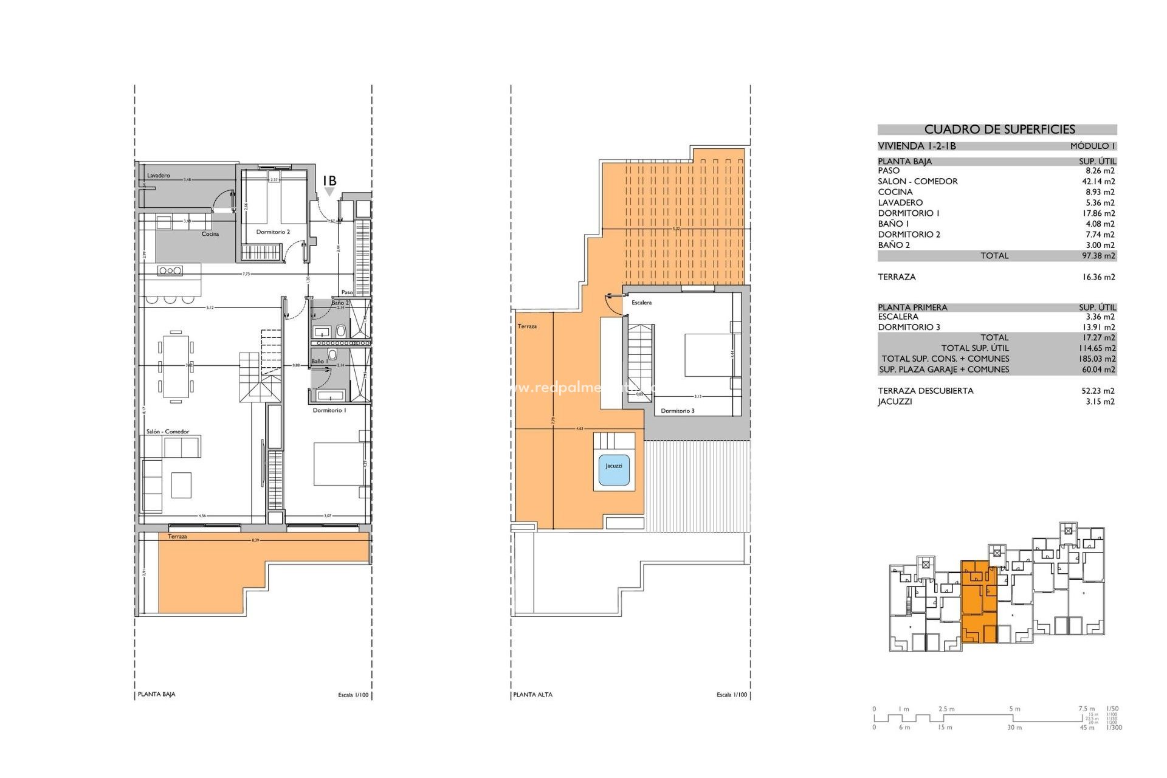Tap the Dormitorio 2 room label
click(x=273, y=232)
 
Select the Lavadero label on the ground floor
click(x=159, y=176)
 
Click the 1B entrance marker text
click(x=329, y=181)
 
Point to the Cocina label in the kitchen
click(x=210, y=234)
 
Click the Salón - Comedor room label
click(x=168, y=432)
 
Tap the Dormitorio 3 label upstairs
click(x=678, y=411)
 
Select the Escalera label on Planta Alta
click(x=641, y=303)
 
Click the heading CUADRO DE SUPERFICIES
click(x=999, y=129)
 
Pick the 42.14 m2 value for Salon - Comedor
click(x=1098, y=181)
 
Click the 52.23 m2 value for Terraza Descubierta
click(x=1098, y=391)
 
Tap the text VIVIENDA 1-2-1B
click(x=917, y=146)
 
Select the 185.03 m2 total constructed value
click(x=1098, y=359)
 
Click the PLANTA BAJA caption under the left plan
click(x=157, y=694)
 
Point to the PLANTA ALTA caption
click(x=532, y=695)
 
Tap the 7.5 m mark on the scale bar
click(x=1086, y=709)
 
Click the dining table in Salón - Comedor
click(x=176, y=367)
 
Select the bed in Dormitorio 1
click(x=339, y=464)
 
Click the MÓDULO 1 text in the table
click(x=1092, y=146)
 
